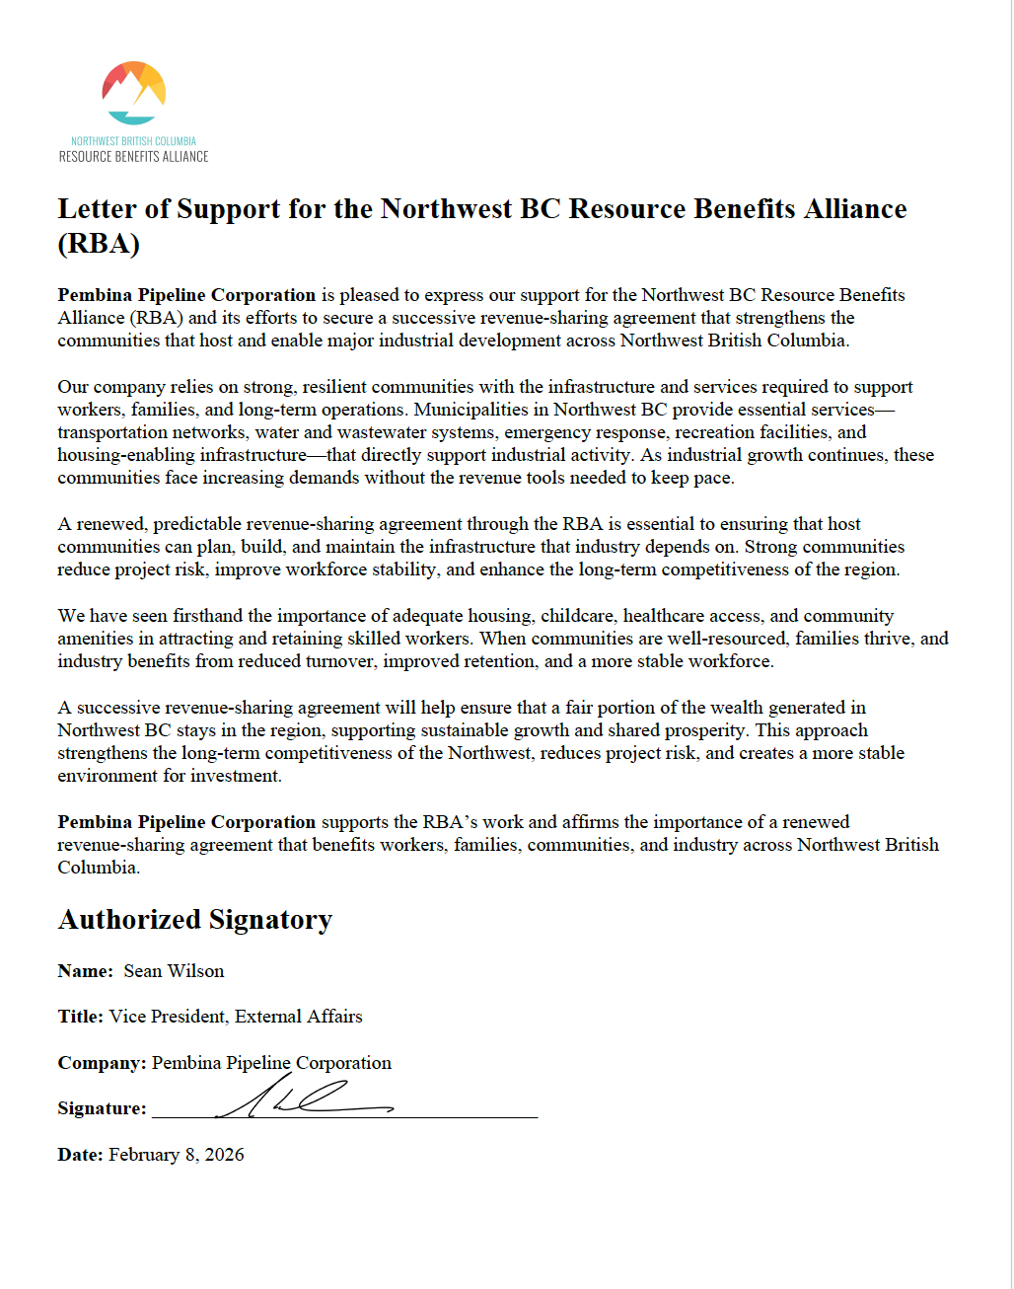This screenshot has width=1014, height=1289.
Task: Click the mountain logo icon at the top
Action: (x=134, y=93)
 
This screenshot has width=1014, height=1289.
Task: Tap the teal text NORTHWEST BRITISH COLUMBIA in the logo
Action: (x=133, y=141)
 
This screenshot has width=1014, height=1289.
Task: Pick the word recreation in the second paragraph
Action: (x=702, y=432)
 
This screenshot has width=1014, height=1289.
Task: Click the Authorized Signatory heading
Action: (x=195, y=920)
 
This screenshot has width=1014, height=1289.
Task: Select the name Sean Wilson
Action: (x=174, y=971)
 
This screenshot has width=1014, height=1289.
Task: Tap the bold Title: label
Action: (x=80, y=1017)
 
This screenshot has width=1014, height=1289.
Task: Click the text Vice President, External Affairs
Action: (x=236, y=1017)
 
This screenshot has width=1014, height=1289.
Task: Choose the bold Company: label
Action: (x=102, y=1063)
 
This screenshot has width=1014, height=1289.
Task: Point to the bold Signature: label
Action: (x=102, y=1108)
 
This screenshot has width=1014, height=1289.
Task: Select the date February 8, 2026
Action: (x=176, y=1155)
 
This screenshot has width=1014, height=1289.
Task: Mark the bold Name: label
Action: (x=86, y=971)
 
